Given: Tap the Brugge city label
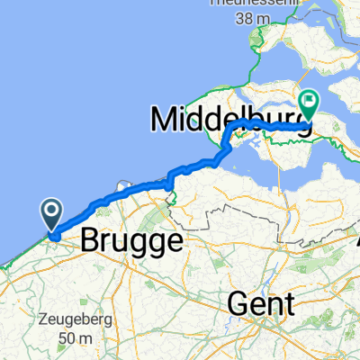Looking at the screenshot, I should click(x=131, y=241).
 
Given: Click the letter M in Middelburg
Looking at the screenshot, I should click(x=162, y=117).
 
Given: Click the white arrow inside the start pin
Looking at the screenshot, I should click(x=52, y=213).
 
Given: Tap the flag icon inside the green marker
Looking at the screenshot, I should click(x=308, y=103).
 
